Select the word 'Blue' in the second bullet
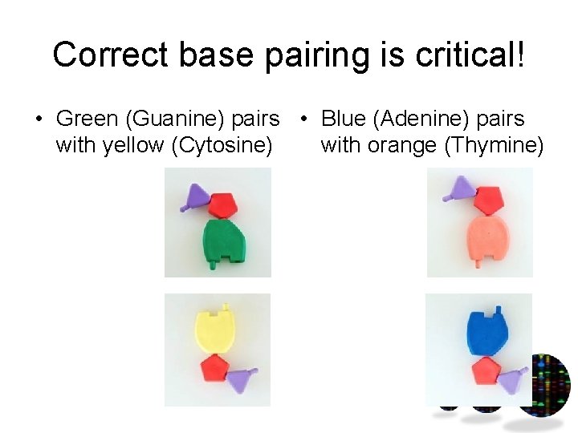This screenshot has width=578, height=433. (x=341, y=119)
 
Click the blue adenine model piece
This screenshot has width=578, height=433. (x=488, y=331)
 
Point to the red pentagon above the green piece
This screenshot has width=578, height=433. (x=223, y=205)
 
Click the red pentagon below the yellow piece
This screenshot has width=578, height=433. (x=214, y=368)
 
